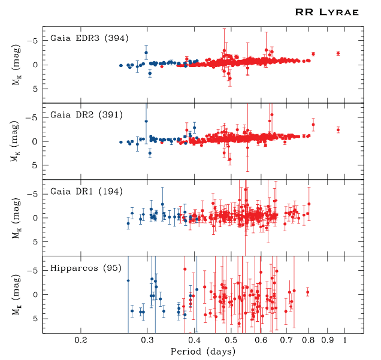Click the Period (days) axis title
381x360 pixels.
coord(203,351)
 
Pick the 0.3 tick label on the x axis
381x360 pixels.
coord(147,340)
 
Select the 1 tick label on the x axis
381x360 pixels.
coord(346,340)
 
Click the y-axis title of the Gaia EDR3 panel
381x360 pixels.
coord(19,65)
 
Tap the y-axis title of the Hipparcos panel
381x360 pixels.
coord(19,295)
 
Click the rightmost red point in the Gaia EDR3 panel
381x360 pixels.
coord(338,53)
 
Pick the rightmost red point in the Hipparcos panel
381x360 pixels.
coord(307,292)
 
